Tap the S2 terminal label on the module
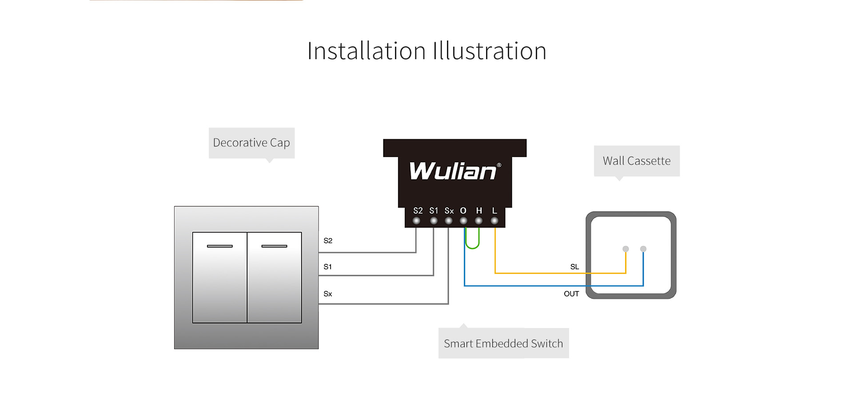pyautogui.click(x=418, y=211)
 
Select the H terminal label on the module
pyautogui.click(x=479, y=211)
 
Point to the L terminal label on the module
pyautogui.click(x=494, y=211)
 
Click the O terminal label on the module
pyautogui.click(x=463, y=211)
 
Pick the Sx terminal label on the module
pyautogui.click(x=449, y=211)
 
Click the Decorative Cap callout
pyautogui.click(x=251, y=143)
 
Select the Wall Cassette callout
pyautogui.click(x=637, y=161)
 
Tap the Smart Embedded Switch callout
pyautogui.click(x=503, y=343)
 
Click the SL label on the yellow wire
pyautogui.click(x=574, y=267)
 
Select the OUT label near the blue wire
pyautogui.click(x=571, y=294)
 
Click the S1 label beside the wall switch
pyautogui.click(x=327, y=267)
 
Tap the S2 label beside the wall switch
pyautogui.click(x=328, y=241)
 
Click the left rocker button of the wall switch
pyautogui.click(x=219, y=277)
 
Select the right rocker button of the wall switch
pyautogui.click(x=275, y=277)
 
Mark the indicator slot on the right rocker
pyautogui.click(x=274, y=246)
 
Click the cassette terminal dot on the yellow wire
pyautogui.click(x=626, y=249)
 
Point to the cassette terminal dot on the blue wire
pyautogui.click(x=643, y=249)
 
